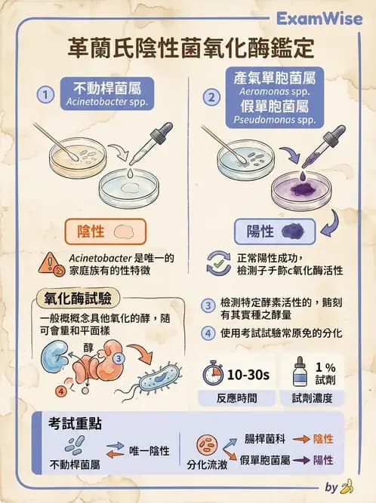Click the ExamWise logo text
(x=319, y=19)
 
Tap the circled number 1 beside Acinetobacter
(x=45, y=94)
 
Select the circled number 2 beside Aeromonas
(x=211, y=97)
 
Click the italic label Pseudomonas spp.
(x=275, y=120)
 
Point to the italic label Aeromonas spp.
(x=275, y=92)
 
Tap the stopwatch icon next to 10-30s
(x=213, y=373)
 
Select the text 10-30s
(x=248, y=374)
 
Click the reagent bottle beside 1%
(x=300, y=371)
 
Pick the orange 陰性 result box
(x=106, y=232)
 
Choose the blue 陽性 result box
(x=275, y=232)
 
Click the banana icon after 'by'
(x=347, y=486)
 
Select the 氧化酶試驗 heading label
(x=78, y=299)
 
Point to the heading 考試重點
(x=75, y=424)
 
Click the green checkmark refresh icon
(x=218, y=264)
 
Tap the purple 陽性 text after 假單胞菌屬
(x=323, y=460)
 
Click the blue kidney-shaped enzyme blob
(x=54, y=356)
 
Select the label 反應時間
(x=236, y=398)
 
